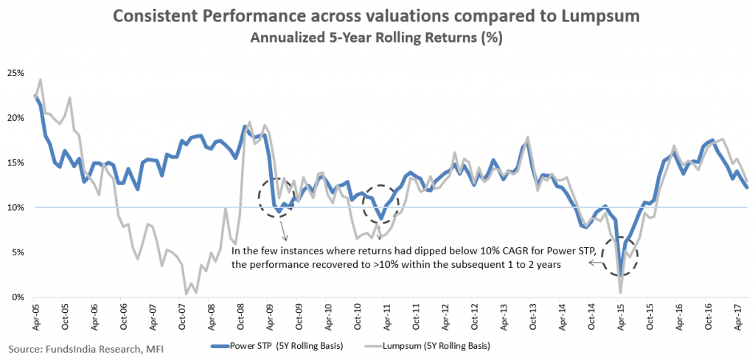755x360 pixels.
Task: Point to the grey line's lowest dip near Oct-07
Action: [187, 293]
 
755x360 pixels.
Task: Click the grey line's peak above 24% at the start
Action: [41, 80]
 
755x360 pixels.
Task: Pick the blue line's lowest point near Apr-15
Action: [622, 275]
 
